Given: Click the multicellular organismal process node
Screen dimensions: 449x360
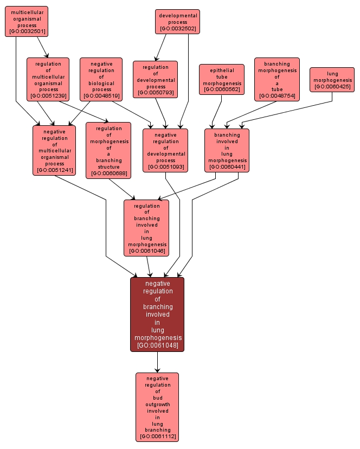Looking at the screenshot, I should click(27, 21).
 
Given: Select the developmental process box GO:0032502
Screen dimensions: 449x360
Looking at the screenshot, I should click(177, 22).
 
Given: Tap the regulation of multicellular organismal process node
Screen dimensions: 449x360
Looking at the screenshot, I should click(48, 79).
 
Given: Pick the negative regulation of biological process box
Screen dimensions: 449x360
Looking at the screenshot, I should click(101, 79).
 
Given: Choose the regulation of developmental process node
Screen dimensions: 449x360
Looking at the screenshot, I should click(156, 79).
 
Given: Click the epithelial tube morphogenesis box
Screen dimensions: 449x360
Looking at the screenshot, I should click(222, 79).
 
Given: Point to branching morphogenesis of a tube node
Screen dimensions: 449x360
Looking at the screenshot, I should click(277, 79).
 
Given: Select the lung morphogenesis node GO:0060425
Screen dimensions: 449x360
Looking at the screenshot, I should click(332, 79).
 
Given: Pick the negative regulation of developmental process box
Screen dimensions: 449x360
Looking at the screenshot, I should click(165, 150).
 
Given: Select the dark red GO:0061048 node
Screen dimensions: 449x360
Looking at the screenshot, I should click(157, 314).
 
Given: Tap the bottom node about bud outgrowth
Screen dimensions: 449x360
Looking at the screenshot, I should click(157, 407).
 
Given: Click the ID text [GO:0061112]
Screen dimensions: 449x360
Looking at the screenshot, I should click(157, 436).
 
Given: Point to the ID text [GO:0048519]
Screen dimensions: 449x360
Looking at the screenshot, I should click(101, 96).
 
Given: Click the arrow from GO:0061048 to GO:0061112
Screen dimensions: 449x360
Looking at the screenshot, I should click(157, 362).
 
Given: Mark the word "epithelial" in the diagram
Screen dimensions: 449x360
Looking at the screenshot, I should click(222, 70).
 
